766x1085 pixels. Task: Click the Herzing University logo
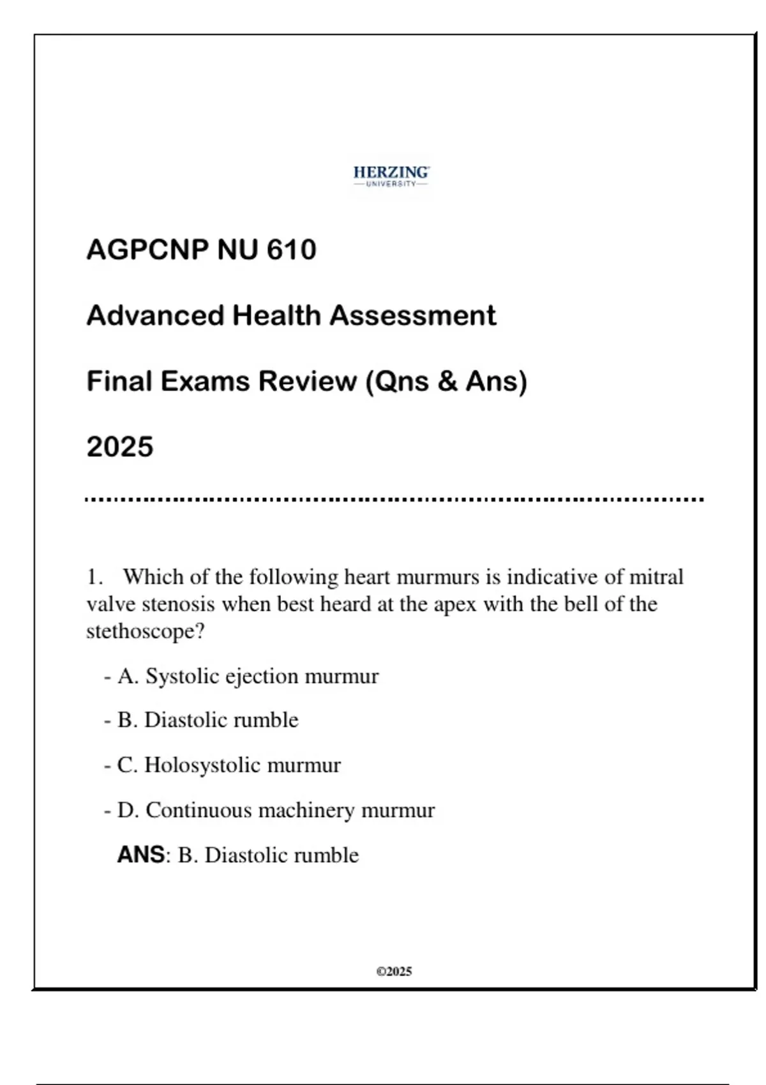click(x=391, y=176)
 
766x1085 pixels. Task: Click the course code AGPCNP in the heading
click(x=147, y=250)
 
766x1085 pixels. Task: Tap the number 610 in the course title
click(x=291, y=250)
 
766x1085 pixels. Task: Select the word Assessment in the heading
click(x=412, y=315)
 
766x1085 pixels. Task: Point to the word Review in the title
click(x=307, y=382)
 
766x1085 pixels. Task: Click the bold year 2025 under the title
click(x=120, y=447)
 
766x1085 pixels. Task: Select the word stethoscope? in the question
click(x=146, y=632)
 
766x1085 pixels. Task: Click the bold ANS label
click(x=141, y=855)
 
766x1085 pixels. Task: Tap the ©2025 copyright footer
click(x=394, y=971)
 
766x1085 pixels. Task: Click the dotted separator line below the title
click(x=394, y=500)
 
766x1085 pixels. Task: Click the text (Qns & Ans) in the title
click(x=446, y=382)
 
